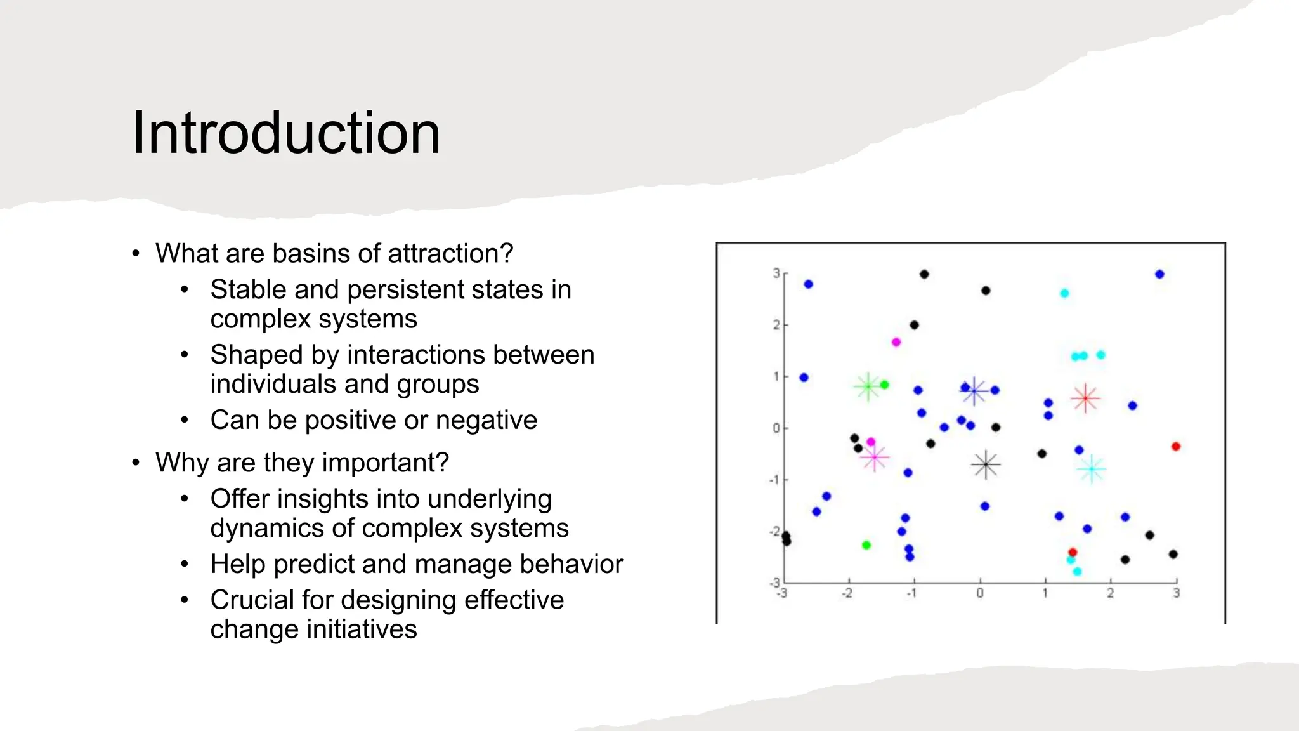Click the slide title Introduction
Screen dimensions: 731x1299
pos(286,133)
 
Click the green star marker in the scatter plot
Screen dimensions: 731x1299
pos(868,386)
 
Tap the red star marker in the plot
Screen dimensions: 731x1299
pos(1085,398)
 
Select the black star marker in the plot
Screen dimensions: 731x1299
pos(986,465)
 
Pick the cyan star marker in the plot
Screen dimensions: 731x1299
pos(1092,470)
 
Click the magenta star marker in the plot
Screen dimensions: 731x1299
pos(875,457)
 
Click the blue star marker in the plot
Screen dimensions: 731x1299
pos(974,392)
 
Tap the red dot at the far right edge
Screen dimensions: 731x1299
pos(1175,447)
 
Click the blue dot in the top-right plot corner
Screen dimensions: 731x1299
pos(1159,274)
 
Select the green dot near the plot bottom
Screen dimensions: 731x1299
pos(866,545)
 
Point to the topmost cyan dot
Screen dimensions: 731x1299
pos(1064,293)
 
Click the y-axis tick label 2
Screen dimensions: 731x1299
pos(776,325)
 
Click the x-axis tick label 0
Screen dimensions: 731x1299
pos(980,593)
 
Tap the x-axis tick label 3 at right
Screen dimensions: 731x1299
pos(1176,593)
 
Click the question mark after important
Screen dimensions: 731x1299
pos(443,463)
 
